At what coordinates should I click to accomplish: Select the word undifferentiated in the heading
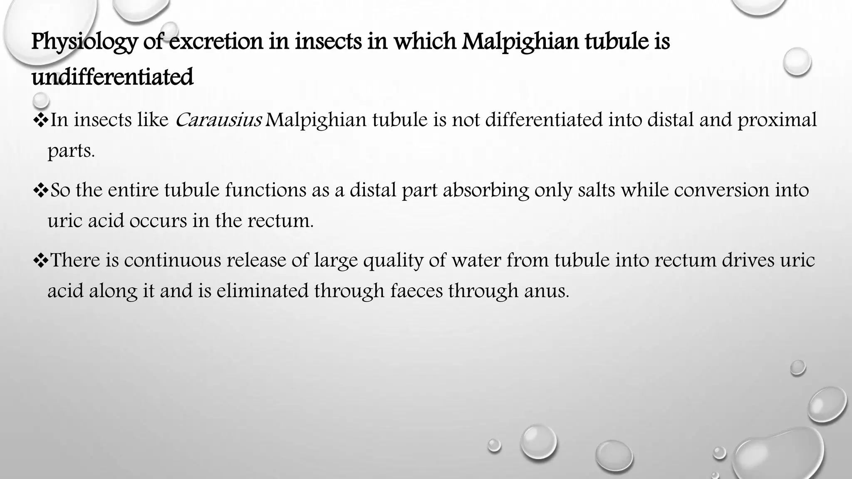112,77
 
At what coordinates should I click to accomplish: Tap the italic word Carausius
218,120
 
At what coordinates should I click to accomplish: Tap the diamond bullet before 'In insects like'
40,121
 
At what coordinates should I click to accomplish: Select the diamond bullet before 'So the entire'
40,190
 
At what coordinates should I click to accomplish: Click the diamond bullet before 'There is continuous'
40,261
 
